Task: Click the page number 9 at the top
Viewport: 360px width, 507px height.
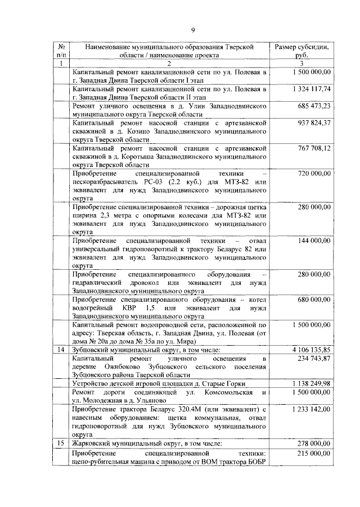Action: (x=192, y=30)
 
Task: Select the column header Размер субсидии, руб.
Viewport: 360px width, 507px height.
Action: (x=301, y=51)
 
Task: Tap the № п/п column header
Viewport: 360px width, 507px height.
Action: (x=61, y=51)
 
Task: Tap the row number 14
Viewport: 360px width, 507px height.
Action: (x=61, y=350)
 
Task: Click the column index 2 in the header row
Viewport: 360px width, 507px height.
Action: (x=169, y=64)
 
